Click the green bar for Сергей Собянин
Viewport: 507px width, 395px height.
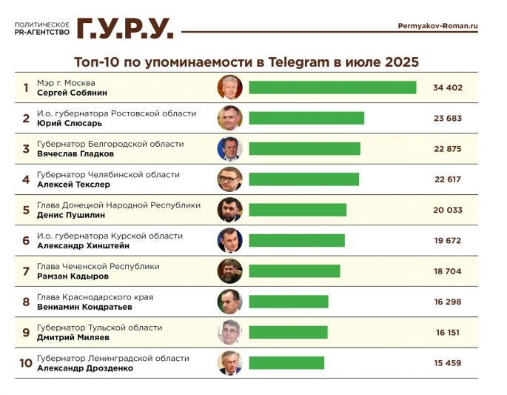coord(332,87)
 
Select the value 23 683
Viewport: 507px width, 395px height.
coord(447,119)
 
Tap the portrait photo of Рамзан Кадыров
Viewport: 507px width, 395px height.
coord(229,271)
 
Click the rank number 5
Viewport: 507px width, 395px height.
coord(26,210)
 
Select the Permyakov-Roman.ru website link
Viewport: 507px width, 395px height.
coord(437,26)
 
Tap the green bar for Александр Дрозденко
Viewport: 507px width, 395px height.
coord(286,363)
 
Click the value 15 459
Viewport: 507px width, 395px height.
coord(447,363)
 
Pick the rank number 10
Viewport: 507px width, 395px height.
coord(26,363)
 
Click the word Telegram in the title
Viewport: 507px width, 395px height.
coord(321,62)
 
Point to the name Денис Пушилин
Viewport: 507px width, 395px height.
coord(70,215)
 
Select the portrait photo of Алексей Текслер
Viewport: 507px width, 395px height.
coord(229,179)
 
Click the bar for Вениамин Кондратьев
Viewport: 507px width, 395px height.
coord(289,302)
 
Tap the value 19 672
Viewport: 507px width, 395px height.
coord(447,241)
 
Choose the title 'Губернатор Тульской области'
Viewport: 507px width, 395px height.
coord(99,328)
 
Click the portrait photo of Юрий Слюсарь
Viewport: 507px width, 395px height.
coord(229,119)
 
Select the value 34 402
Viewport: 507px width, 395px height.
coord(447,87)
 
